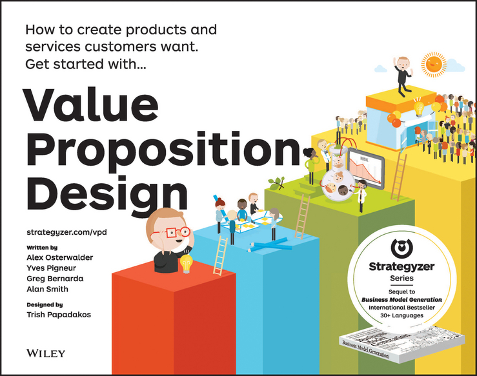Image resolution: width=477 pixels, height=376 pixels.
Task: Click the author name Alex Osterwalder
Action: (59, 257)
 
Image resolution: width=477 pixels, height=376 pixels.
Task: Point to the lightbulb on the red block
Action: (187, 262)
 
